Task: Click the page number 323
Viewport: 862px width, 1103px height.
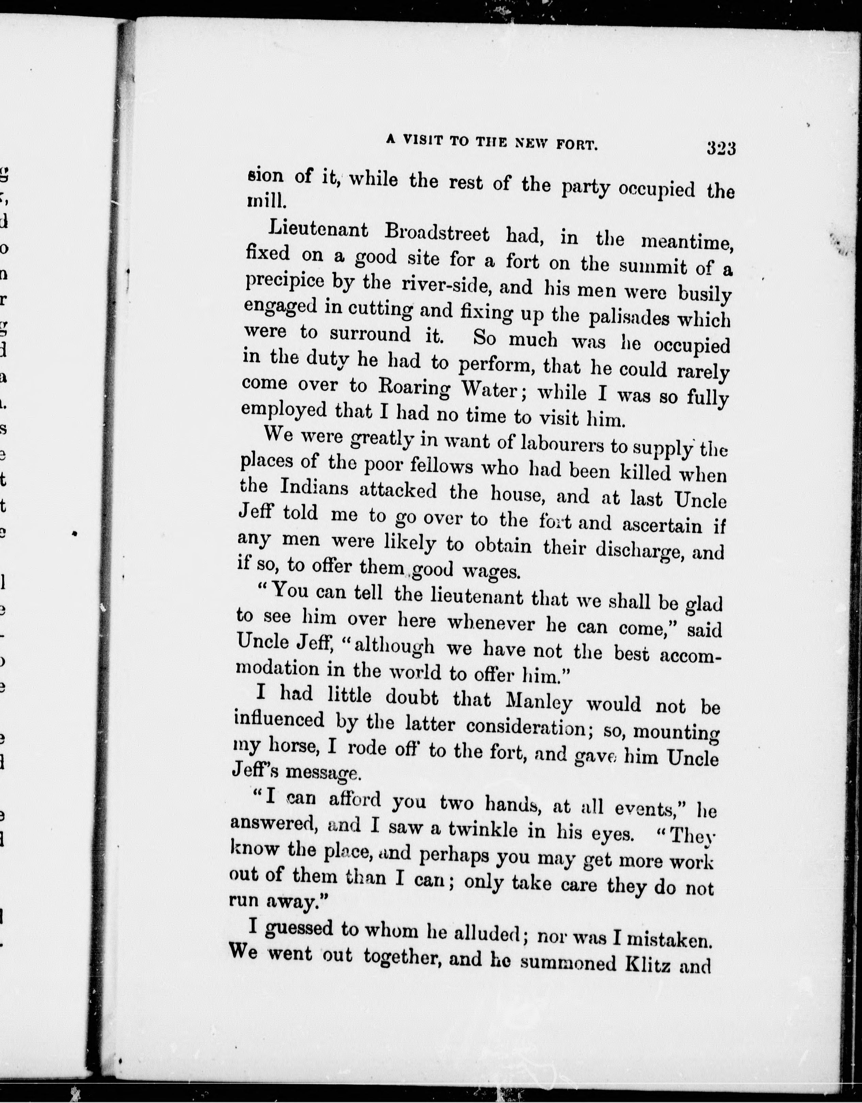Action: pyautogui.click(x=721, y=148)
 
